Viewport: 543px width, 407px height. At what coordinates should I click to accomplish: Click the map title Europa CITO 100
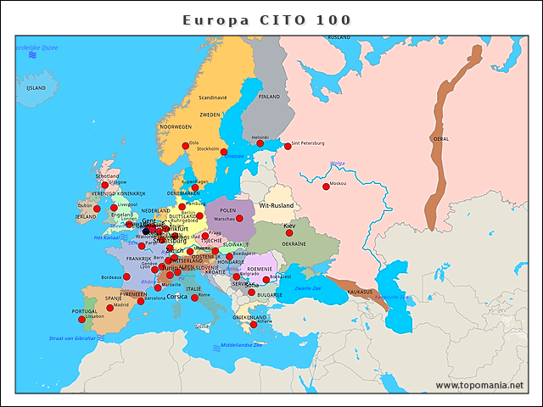[x=267, y=20]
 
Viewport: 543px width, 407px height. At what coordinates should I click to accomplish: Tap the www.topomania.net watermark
[x=479, y=386]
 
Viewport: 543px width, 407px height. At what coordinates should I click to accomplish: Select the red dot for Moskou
[x=326, y=187]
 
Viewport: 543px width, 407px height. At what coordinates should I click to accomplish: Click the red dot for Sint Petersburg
[x=288, y=146]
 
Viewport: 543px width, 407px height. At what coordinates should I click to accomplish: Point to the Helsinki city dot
[x=260, y=143]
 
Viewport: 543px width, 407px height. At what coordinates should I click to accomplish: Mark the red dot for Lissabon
[x=82, y=319]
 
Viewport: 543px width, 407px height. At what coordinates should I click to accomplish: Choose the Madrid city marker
[x=109, y=307]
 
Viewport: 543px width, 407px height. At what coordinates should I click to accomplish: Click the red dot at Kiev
[x=289, y=232]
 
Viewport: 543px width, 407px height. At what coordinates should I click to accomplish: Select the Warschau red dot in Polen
[x=239, y=218]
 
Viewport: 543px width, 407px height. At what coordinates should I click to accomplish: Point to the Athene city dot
[x=254, y=325]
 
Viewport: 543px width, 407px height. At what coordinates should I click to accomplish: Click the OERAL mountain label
[x=441, y=138]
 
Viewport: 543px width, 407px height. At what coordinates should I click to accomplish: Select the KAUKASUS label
[x=360, y=292]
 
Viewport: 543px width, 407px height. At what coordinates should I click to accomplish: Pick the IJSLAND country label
[x=36, y=87]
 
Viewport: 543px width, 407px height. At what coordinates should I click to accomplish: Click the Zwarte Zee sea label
[x=308, y=288]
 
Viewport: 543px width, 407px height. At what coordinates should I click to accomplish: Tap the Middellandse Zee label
[x=241, y=345]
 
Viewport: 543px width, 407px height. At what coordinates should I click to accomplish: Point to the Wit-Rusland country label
[x=276, y=205]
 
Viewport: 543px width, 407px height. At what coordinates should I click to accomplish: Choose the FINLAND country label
[x=269, y=97]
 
